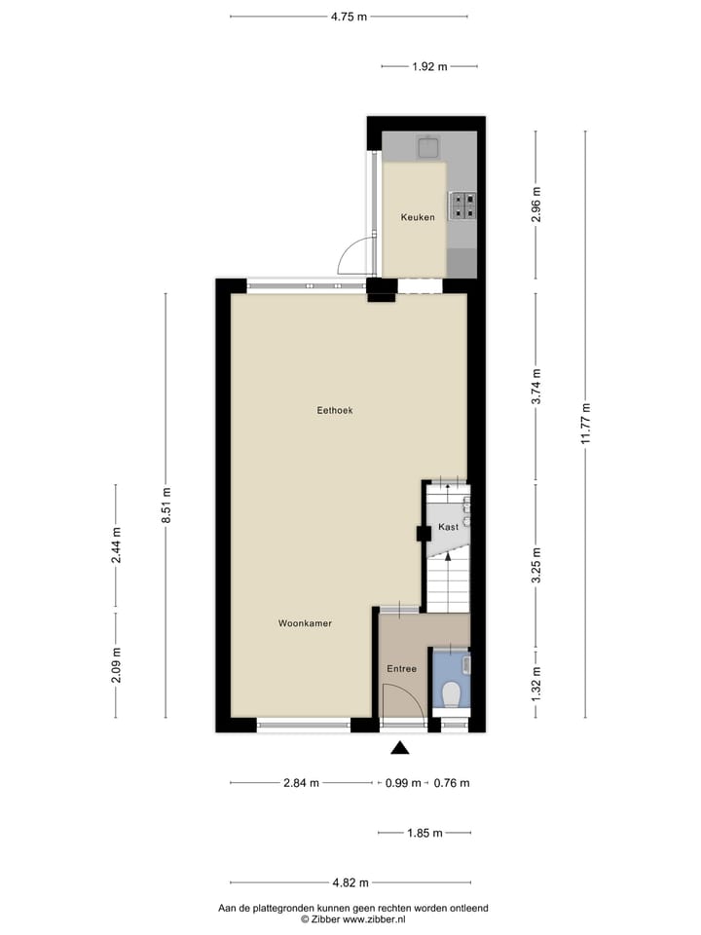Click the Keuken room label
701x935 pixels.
pos(418,217)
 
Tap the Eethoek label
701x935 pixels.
pos(334,411)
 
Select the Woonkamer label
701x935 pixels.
pos(305,623)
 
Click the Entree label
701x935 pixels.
pos(401,669)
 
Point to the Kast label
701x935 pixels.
pos(448,527)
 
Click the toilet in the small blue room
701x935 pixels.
pos(451,694)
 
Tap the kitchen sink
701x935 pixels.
pos(428,148)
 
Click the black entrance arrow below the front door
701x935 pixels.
pos(399,748)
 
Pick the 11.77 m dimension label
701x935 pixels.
pos(585,424)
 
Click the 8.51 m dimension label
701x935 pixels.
pos(166,505)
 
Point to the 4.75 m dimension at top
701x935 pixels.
pos(349,16)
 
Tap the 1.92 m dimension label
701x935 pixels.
pos(428,66)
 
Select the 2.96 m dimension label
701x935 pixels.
pos(535,205)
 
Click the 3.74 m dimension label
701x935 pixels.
pos(535,387)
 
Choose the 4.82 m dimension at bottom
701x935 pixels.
pos(350,882)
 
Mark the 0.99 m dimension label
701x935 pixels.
pos(402,783)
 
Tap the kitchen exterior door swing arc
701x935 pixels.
pos(352,255)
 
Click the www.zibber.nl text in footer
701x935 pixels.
pos(372,918)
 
